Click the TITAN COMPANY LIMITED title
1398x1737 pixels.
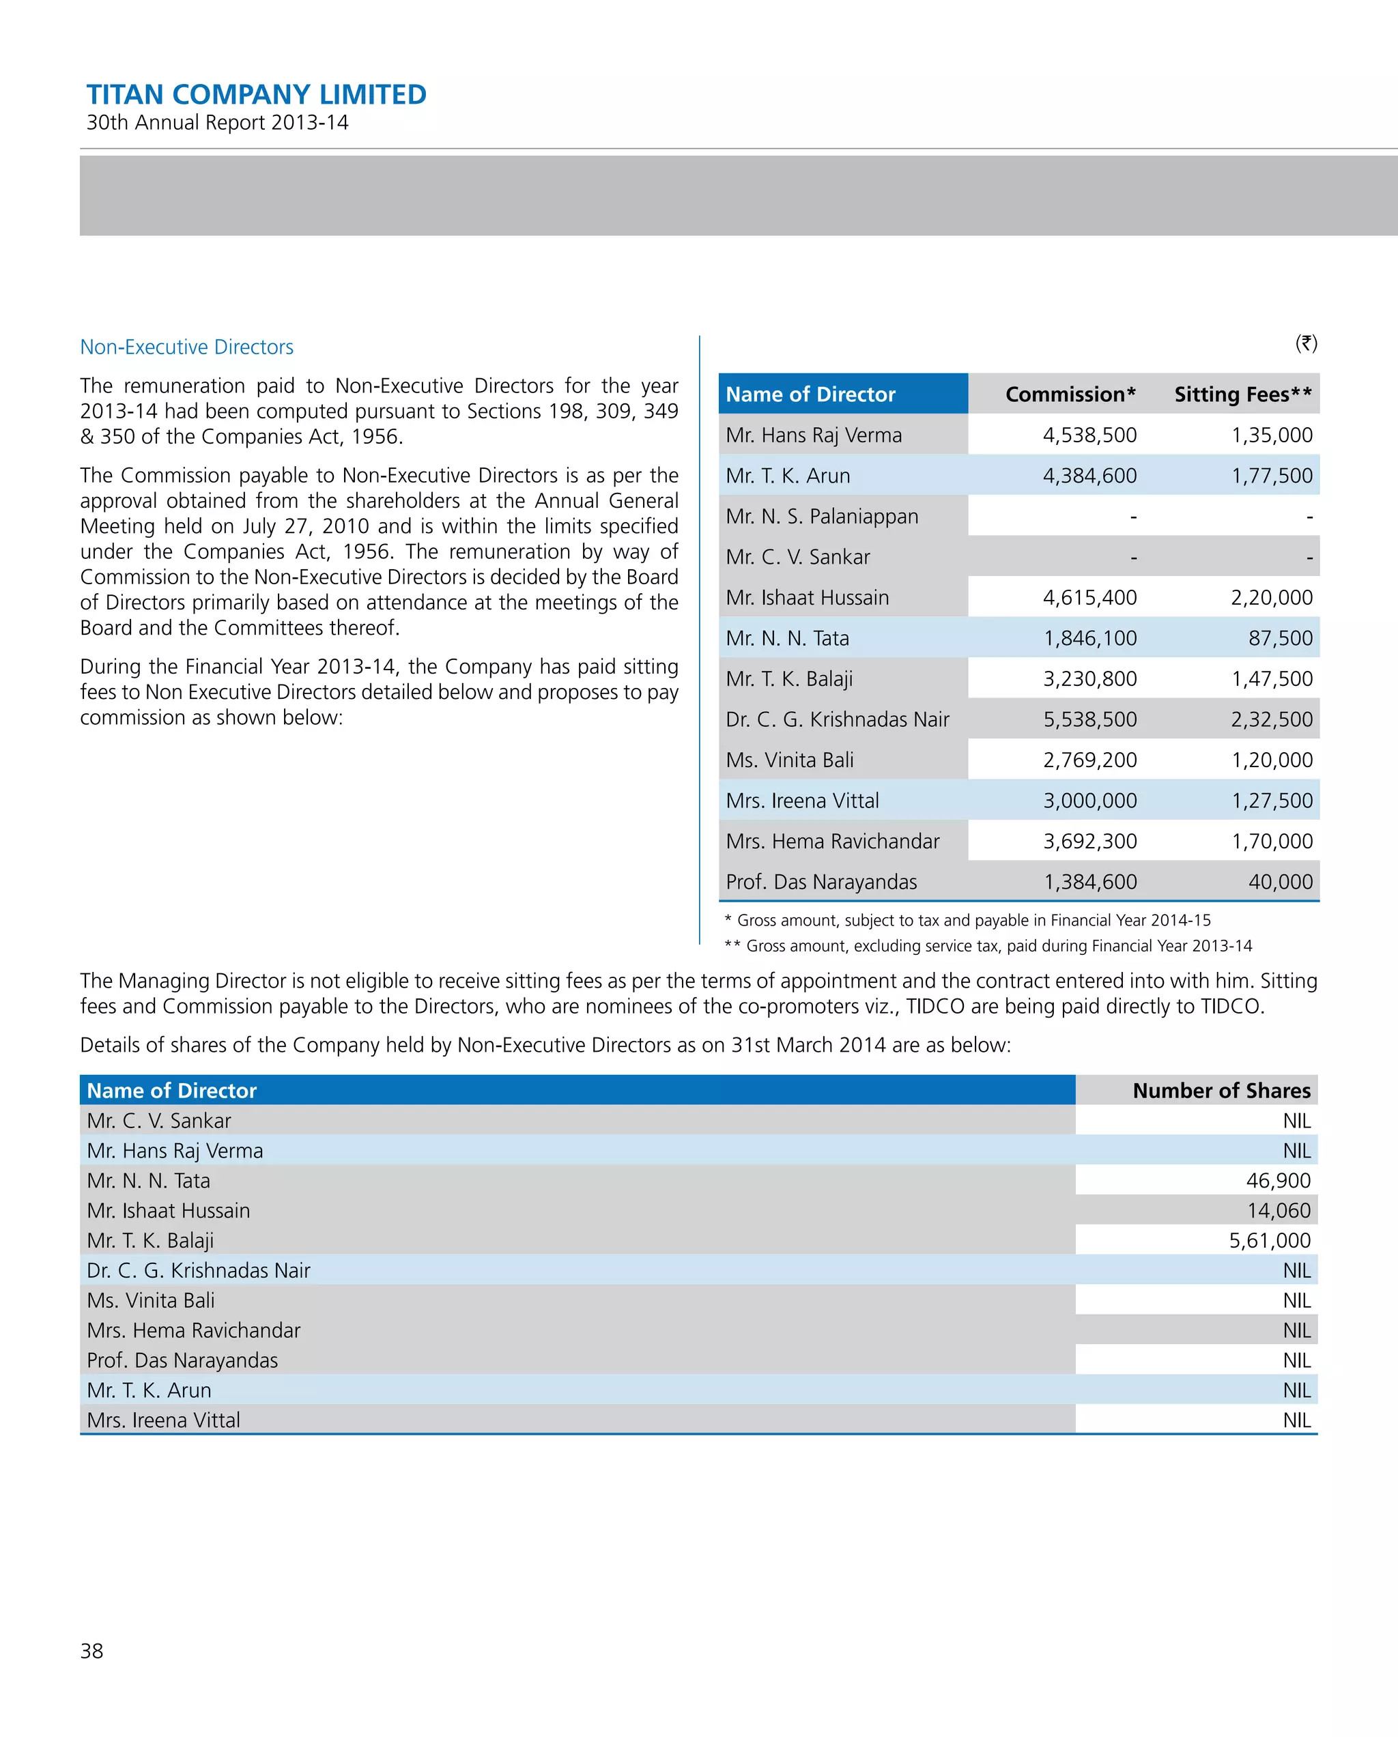click(x=256, y=94)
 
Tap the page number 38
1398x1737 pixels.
click(x=92, y=1651)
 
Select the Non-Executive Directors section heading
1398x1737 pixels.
click(x=186, y=347)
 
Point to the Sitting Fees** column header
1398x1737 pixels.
click(x=1242, y=394)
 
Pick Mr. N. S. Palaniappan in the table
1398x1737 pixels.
click(x=821, y=517)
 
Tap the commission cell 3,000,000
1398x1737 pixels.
click(x=1089, y=801)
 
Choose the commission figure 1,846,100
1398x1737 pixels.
click(x=1089, y=638)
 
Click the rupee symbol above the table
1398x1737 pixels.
click(x=1305, y=343)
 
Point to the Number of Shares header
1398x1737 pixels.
click(x=1221, y=1090)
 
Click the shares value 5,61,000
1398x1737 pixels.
click(x=1269, y=1240)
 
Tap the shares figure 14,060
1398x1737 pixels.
click(x=1278, y=1210)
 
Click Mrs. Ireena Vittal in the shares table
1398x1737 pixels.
click(x=164, y=1420)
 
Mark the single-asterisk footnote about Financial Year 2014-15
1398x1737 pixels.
click(x=967, y=920)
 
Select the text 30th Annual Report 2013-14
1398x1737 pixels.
click(x=218, y=122)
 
